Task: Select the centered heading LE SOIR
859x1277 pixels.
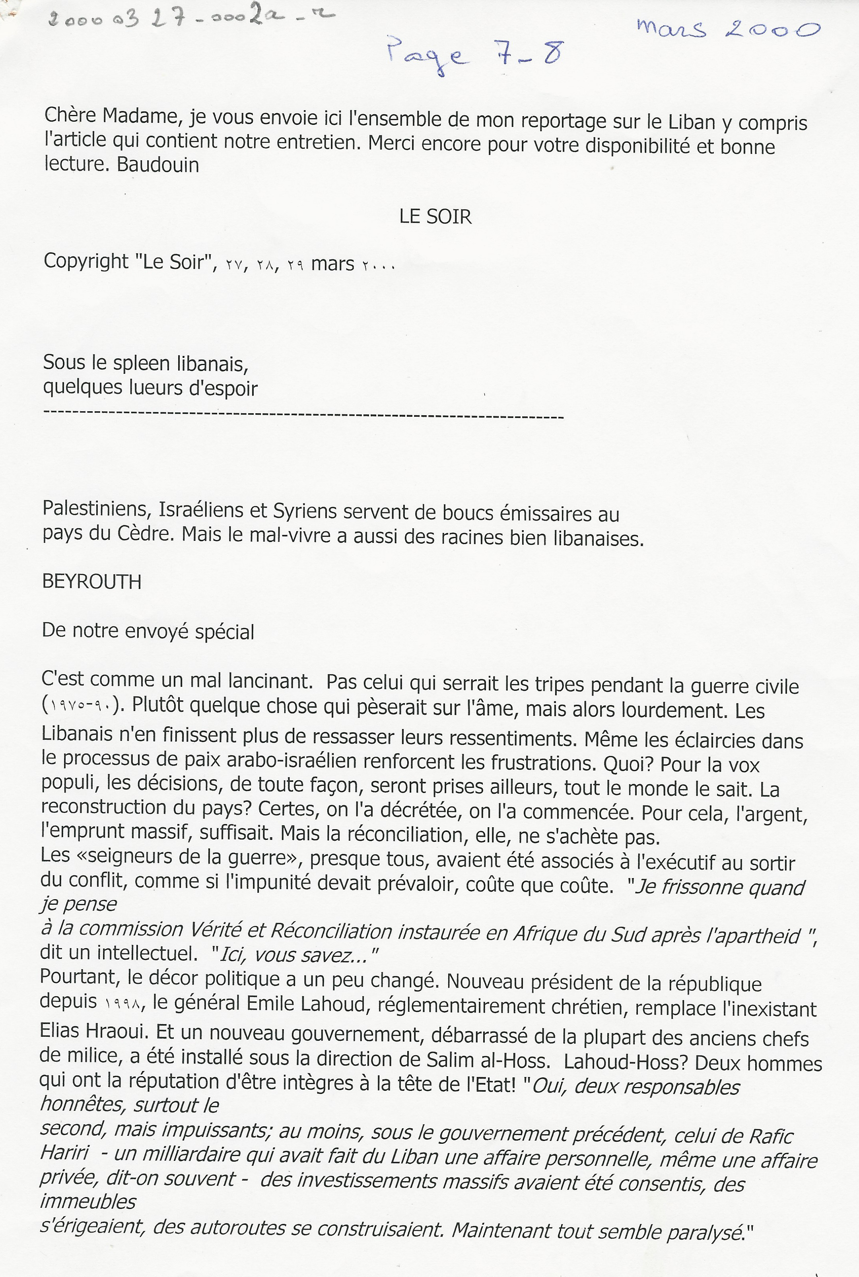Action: [435, 217]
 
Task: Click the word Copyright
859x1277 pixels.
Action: [86, 261]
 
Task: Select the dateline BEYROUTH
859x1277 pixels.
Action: [91, 582]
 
